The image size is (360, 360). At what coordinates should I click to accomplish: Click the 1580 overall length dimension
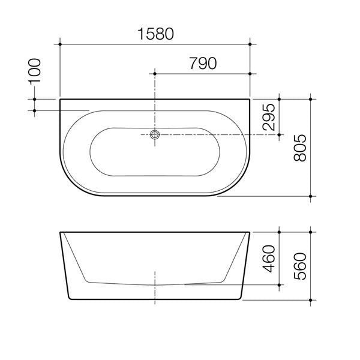[x=155, y=34]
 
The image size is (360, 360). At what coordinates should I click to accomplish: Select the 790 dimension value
[x=203, y=64]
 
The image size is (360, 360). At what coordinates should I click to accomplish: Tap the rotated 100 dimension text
[x=34, y=71]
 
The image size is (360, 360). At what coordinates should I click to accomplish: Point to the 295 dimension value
[x=269, y=117]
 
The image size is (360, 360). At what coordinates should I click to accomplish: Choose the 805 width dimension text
[x=300, y=148]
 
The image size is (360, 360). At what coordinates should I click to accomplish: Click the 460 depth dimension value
[x=269, y=259]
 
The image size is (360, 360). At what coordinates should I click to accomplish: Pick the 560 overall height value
[x=300, y=266]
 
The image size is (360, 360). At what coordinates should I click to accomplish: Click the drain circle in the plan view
[x=155, y=134]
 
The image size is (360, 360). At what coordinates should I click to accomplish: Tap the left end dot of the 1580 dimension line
[x=60, y=44]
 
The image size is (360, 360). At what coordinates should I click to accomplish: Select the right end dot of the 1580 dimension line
[x=250, y=44]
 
